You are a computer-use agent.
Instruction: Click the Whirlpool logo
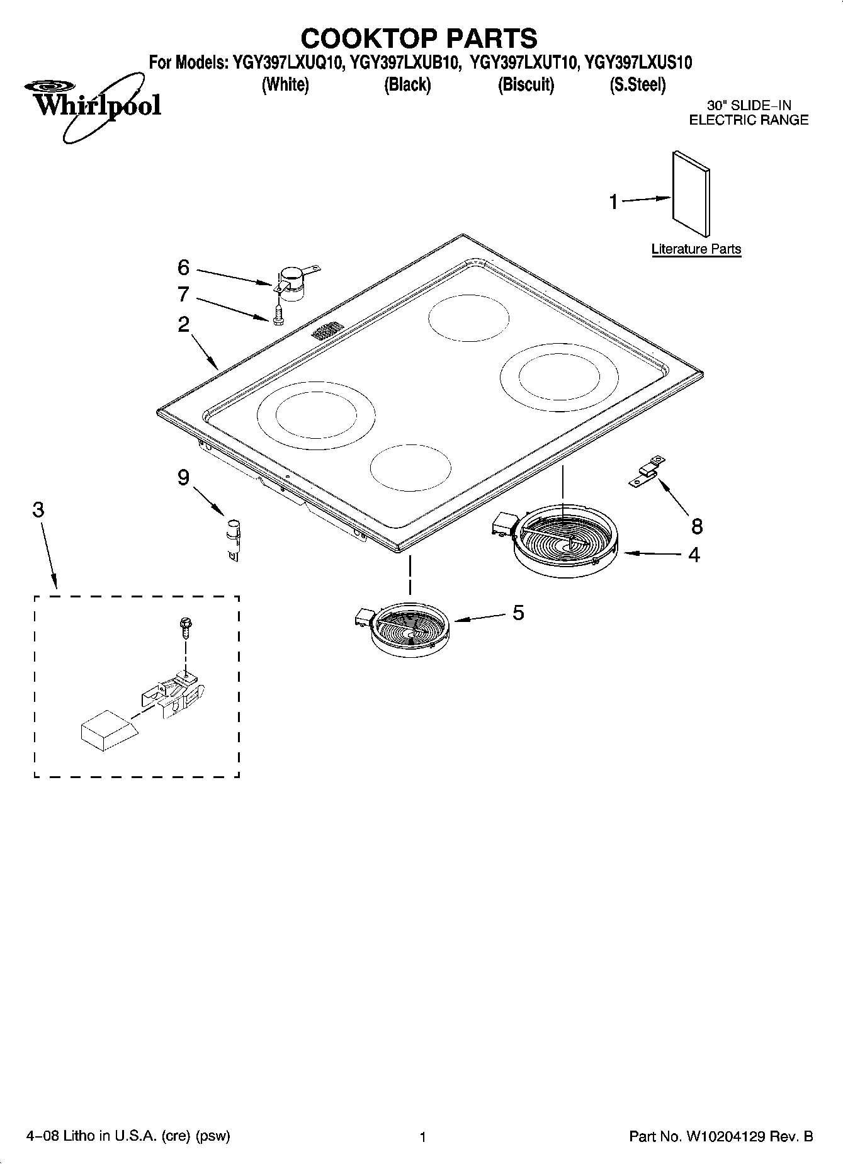[x=94, y=104]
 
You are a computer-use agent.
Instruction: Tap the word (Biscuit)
[x=526, y=84]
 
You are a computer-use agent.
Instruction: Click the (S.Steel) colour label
[x=637, y=84]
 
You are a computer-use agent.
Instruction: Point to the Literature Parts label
[x=696, y=249]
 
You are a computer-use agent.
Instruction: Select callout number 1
[x=614, y=202]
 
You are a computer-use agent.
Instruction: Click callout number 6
[x=183, y=268]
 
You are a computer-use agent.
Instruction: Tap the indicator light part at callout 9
[x=233, y=535]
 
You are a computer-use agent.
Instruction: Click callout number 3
[x=38, y=510]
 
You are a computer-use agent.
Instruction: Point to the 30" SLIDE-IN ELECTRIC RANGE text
[x=749, y=113]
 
